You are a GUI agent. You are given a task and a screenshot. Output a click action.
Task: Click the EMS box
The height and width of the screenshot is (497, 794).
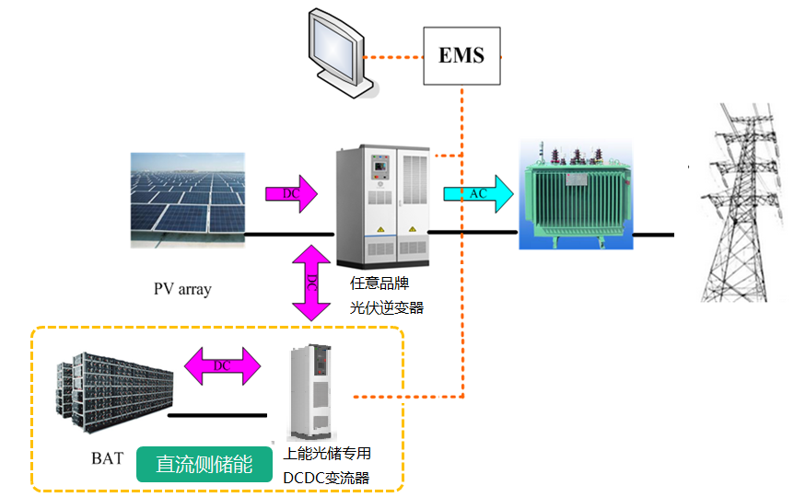pos(461,55)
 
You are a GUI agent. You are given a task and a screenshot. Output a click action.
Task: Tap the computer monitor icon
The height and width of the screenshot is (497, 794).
pos(335,52)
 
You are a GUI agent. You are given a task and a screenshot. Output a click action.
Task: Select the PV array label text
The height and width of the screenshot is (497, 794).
pos(182,289)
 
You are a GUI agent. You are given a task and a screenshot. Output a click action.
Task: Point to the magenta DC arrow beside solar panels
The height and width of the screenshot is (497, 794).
pos(290,193)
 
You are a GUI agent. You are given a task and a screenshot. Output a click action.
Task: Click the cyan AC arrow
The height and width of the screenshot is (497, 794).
pos(476,193)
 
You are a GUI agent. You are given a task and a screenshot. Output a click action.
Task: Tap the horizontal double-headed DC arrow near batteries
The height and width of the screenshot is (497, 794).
pos(223,365)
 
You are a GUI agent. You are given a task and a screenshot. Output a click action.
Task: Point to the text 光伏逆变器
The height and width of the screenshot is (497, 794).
pos(387,307)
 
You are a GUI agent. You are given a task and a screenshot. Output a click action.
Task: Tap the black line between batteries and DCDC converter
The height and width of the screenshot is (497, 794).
pos(216,414)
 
